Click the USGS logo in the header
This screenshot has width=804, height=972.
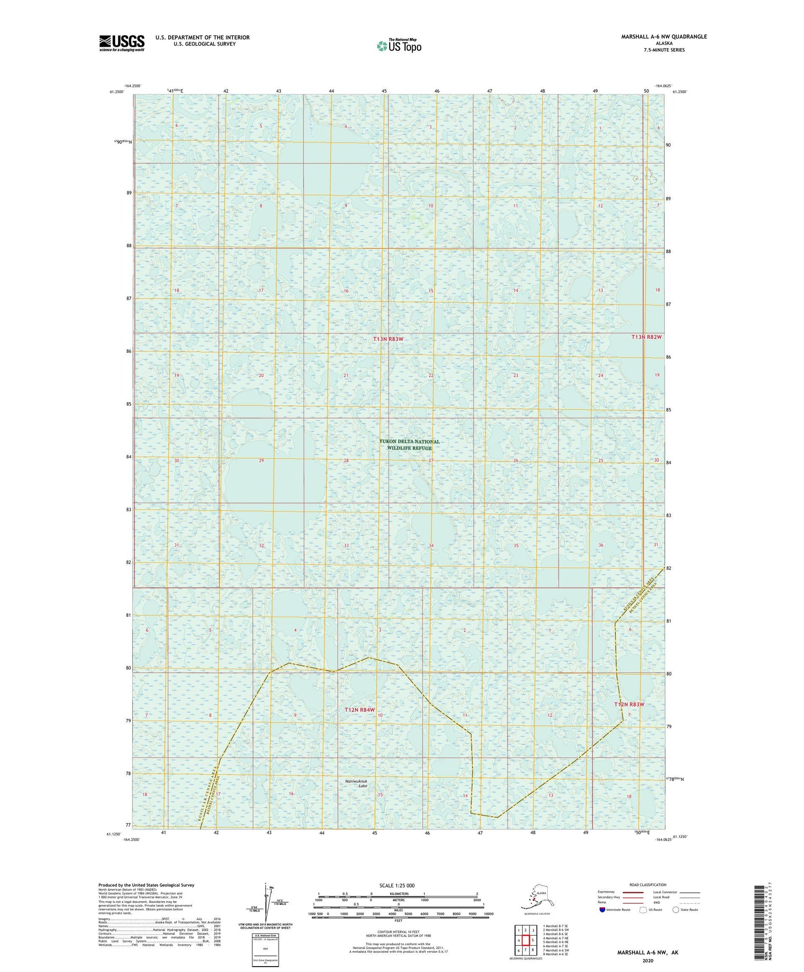point(122,43)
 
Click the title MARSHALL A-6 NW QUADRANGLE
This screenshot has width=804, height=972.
point(664,36)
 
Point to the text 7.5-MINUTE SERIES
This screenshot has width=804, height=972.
point(664,50)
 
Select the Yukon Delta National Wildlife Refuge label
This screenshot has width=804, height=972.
point(410,445)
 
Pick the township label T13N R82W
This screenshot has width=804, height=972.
point(646,337)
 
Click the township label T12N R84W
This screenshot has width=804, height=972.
point(359,710)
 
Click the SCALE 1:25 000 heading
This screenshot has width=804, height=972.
point(397,885)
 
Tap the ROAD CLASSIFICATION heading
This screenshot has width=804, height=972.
point(647,885)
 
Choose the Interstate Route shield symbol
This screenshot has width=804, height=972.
point(602,910)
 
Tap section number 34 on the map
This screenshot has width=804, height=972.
point(431,546)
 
